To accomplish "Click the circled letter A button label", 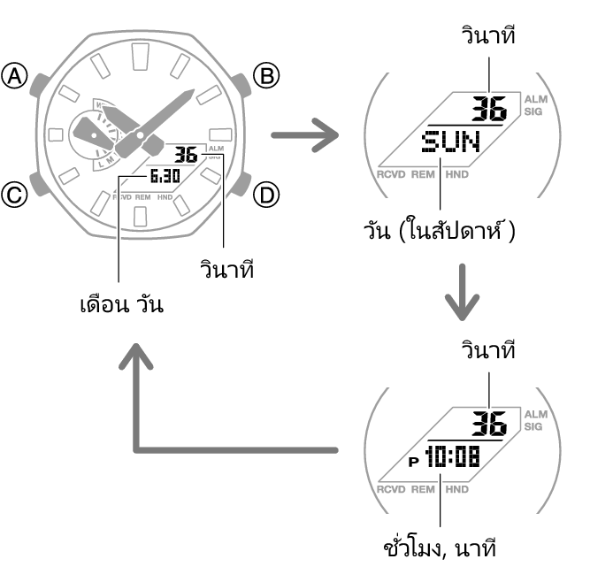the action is click(x=14, y=76).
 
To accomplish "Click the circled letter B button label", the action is click(x=266, y=76).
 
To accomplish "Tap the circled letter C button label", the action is click(x=14, y=195).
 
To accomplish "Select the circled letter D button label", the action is click(x=266, y=195).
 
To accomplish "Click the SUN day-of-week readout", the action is click(x=451, y=142).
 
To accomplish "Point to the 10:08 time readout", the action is click(x=453, y=456).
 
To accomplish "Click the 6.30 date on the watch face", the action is click(x=165, y=176).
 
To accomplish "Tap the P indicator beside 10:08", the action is click(x=413, y=461).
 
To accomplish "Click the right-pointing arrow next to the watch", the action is click(x=305, y=135).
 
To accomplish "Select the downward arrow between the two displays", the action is click(x=462, y=292).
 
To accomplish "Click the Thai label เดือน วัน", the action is click(x=122, y=305).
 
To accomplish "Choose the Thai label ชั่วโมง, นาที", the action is click(x=440, y=548).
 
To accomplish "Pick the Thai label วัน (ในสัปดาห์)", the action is click(x=439, y=231).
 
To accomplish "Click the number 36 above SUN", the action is click(x=489, y=109).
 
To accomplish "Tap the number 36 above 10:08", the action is click(x=489, y=424).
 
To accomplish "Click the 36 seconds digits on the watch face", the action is click(x=186, y=156).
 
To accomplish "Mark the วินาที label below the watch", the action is click(x=227, y=269).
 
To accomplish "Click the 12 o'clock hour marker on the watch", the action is click(x=141, y=57).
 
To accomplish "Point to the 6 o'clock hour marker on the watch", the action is click(x=141, y=216).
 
